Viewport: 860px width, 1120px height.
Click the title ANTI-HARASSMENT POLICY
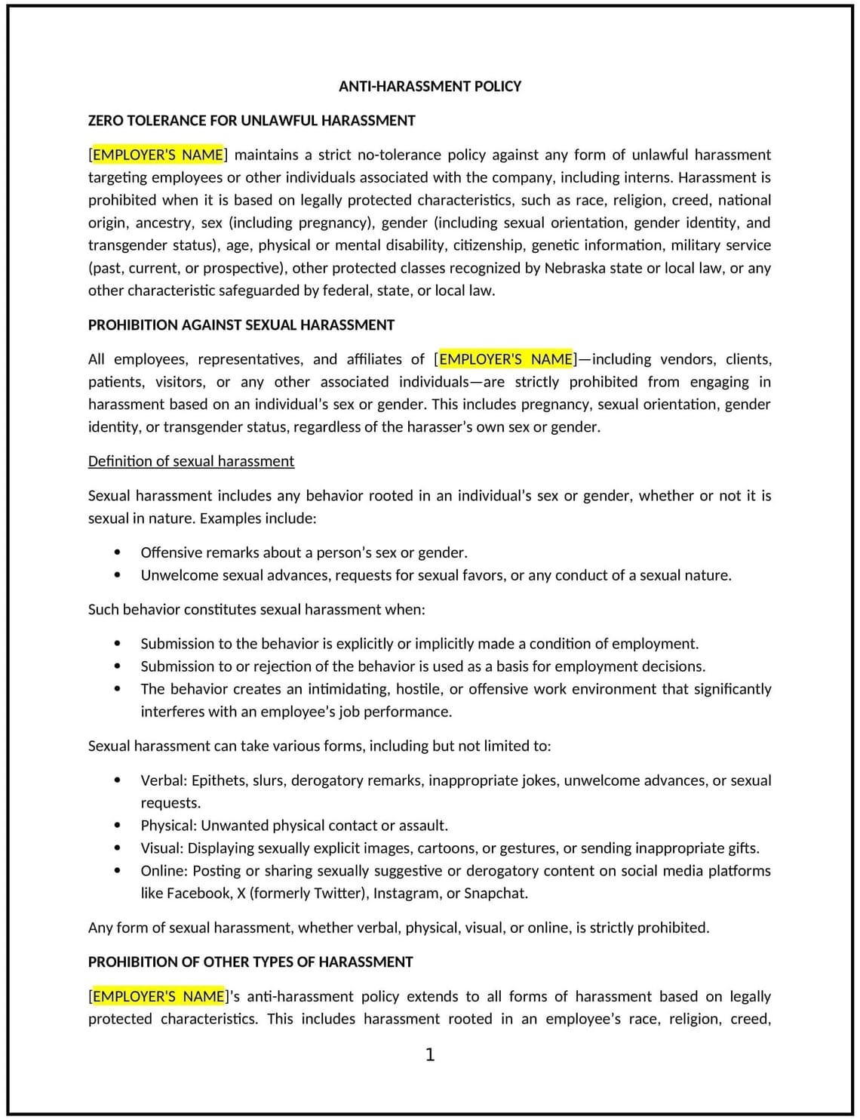[429, 86]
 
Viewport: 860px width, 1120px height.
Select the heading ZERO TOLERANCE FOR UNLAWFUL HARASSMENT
[251, 121]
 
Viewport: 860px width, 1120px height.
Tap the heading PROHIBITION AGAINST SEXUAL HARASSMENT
[241, 325]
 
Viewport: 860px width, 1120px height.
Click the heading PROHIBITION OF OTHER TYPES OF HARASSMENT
[250, 962]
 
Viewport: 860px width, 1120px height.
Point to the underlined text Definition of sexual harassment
[191, 461]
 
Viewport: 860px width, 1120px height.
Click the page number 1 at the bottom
[430, 1054]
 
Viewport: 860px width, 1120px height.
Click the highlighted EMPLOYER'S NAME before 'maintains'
[158, 155]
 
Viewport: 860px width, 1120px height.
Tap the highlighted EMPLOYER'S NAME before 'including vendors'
[505, 359]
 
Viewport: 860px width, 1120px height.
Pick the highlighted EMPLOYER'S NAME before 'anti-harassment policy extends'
[158, 996]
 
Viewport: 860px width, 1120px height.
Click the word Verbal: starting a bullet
[164, 780]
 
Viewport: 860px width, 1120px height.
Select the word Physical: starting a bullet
[168, 826]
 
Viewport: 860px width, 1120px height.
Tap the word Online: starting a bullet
[164, 871]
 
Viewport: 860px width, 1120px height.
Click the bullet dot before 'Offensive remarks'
[117, 552]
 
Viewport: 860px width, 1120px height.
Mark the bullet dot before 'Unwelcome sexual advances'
[117, 575]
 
